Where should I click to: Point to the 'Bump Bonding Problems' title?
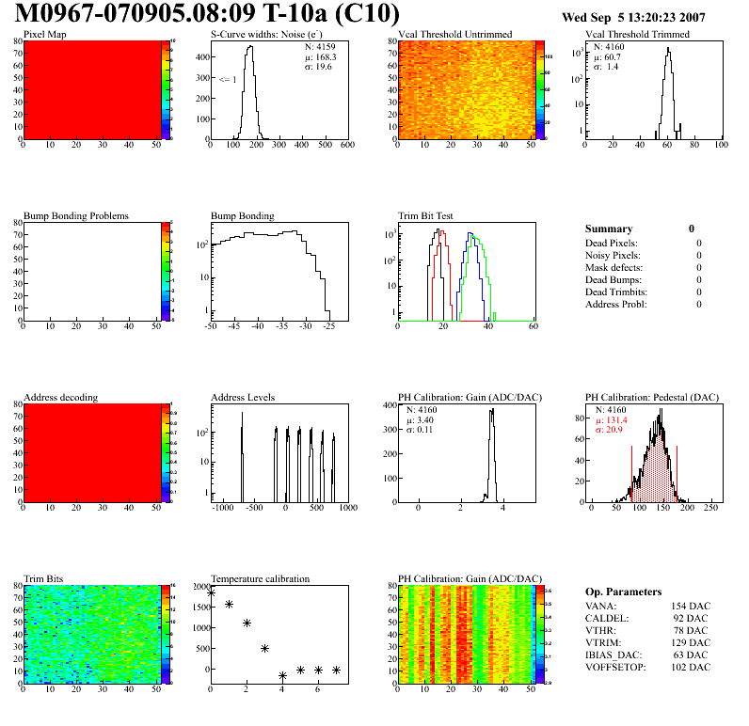point(75,216)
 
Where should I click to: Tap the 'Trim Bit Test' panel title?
point(425,216)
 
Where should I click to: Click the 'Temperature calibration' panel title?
point(260,579)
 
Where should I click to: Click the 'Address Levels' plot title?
point(243,398)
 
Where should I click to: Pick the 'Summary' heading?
point(608,229)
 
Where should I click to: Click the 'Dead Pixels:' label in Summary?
point(612,244)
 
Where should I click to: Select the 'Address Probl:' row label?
point(615,305)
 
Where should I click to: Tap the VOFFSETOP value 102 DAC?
point(689,667)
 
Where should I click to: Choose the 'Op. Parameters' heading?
point(623,592)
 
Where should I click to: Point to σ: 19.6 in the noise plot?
point(318,67)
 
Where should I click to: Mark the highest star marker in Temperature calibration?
point(211,593)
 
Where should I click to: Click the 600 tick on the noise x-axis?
point(346,146)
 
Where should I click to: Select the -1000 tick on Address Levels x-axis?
point(222,508)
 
